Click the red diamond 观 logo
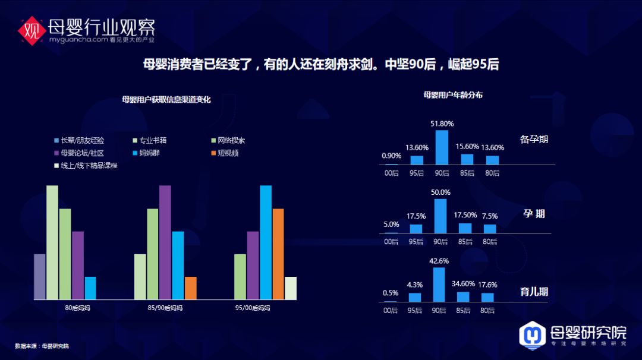(x=32, y=31)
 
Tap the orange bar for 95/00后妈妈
(x=278, y=254)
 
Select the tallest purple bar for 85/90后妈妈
(x=165, y=242)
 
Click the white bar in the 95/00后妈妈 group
(x=291, y=288)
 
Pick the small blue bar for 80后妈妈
(x=90, y=288)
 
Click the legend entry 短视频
(x=225, y=153)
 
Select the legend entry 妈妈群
(x=146, y=153)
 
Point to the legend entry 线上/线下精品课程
(x=86, y=166)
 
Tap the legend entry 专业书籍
(x=149, y=140)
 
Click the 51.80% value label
(x=442, y=124)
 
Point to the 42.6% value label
(x=439, y=261)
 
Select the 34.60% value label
(x=463, y=284)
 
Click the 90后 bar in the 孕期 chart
(x=440, y=216)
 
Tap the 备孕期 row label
(x=534, y=139)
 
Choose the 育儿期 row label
(x=534, y=292)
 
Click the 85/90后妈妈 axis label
(x=165, y=308)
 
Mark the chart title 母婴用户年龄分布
(x=453, y=95)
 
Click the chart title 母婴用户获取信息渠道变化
(x=166, y=99)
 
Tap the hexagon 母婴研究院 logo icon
(x=532, y=336)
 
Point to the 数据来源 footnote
(x=42, y=346)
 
